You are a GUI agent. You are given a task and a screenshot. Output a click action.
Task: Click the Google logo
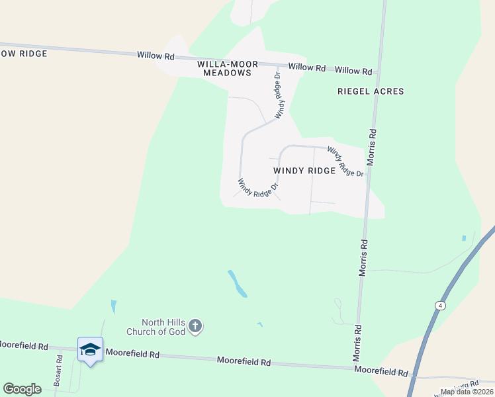(x=22, y=389)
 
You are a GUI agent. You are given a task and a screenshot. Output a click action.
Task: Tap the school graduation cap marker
(x=90, y=349)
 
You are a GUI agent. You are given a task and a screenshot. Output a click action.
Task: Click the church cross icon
(x=195, y=326)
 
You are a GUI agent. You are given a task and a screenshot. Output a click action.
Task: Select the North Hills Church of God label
(x=156, y=326)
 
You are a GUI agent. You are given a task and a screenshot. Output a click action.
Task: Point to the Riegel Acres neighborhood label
(x=370, y=91)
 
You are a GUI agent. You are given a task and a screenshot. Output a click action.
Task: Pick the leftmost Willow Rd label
(x=156, y=56)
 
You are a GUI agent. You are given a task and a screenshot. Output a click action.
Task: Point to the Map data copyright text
(x=467, y=392)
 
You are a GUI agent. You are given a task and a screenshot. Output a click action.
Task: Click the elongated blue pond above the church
(x=238, y=283)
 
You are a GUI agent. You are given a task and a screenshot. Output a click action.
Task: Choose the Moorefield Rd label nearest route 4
(x=381, y=373)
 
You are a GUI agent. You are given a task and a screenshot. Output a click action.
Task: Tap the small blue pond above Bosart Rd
(x=114, y=307)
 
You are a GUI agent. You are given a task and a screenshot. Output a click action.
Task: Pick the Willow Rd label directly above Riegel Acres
(x=353, y=71)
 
